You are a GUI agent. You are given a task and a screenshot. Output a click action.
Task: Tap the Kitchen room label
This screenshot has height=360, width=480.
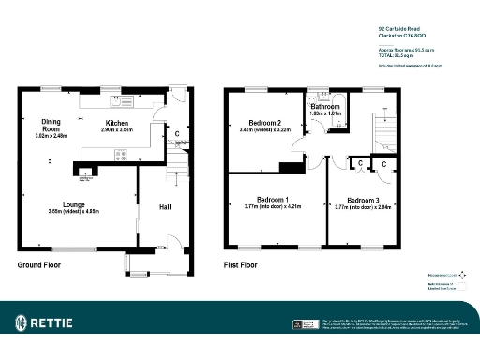117,124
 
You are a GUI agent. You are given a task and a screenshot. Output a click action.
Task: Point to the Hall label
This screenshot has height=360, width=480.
165,206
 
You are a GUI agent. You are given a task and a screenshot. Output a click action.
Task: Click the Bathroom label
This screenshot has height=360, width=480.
325,106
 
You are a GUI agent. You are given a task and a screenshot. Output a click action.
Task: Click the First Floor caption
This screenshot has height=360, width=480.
241,266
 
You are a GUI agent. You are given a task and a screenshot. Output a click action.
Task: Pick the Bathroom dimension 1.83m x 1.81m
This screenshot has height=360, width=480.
325,113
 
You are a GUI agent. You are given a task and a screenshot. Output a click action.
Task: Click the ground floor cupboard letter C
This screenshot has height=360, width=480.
177,133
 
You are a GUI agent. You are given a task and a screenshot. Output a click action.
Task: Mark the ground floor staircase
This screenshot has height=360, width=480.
174,170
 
